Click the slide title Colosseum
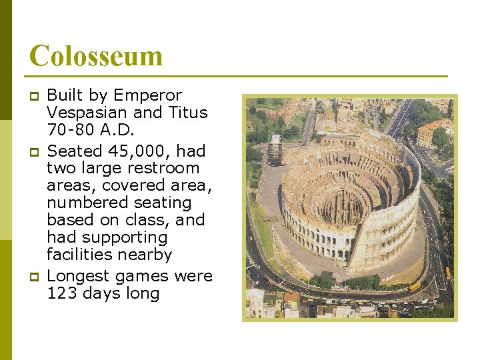click(x=96, y=55)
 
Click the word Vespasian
click(x=81, y=113)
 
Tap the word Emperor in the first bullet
click(x=147, y=95)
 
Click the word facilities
click(x=77, y=255)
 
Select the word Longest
click(x=81, y=276)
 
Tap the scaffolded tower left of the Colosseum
click(x=275, y=150)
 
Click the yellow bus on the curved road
click(x=415, y=287)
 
